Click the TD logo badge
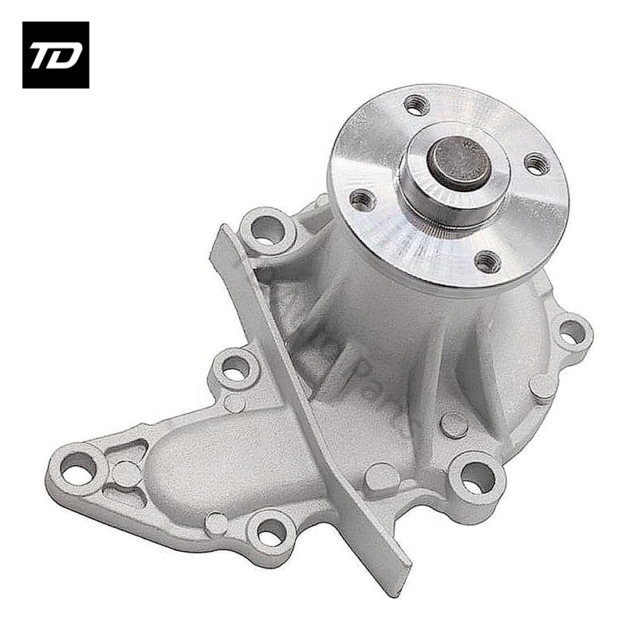point(56,54)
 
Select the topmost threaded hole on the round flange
point(416,104)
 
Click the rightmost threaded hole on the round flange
point(537,164)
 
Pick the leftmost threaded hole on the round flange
point(363,199)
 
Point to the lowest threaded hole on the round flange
point(486,261)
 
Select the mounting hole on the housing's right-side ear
point(573,333)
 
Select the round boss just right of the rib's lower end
point(381,477)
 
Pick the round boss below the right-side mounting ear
point(544,388)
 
